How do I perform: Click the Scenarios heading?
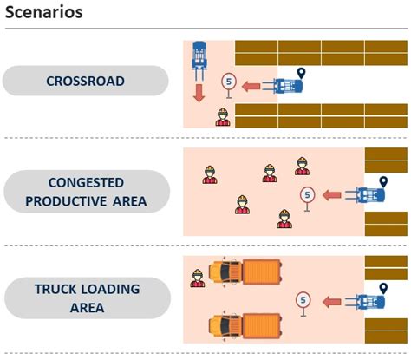44,13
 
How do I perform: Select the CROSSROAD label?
85,82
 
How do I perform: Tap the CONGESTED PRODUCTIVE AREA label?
85,193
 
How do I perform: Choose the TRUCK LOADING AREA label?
85,298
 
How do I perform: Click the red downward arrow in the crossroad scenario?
199,92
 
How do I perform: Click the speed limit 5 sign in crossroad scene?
228,82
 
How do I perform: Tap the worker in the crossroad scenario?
223,117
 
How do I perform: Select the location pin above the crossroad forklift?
301,72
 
